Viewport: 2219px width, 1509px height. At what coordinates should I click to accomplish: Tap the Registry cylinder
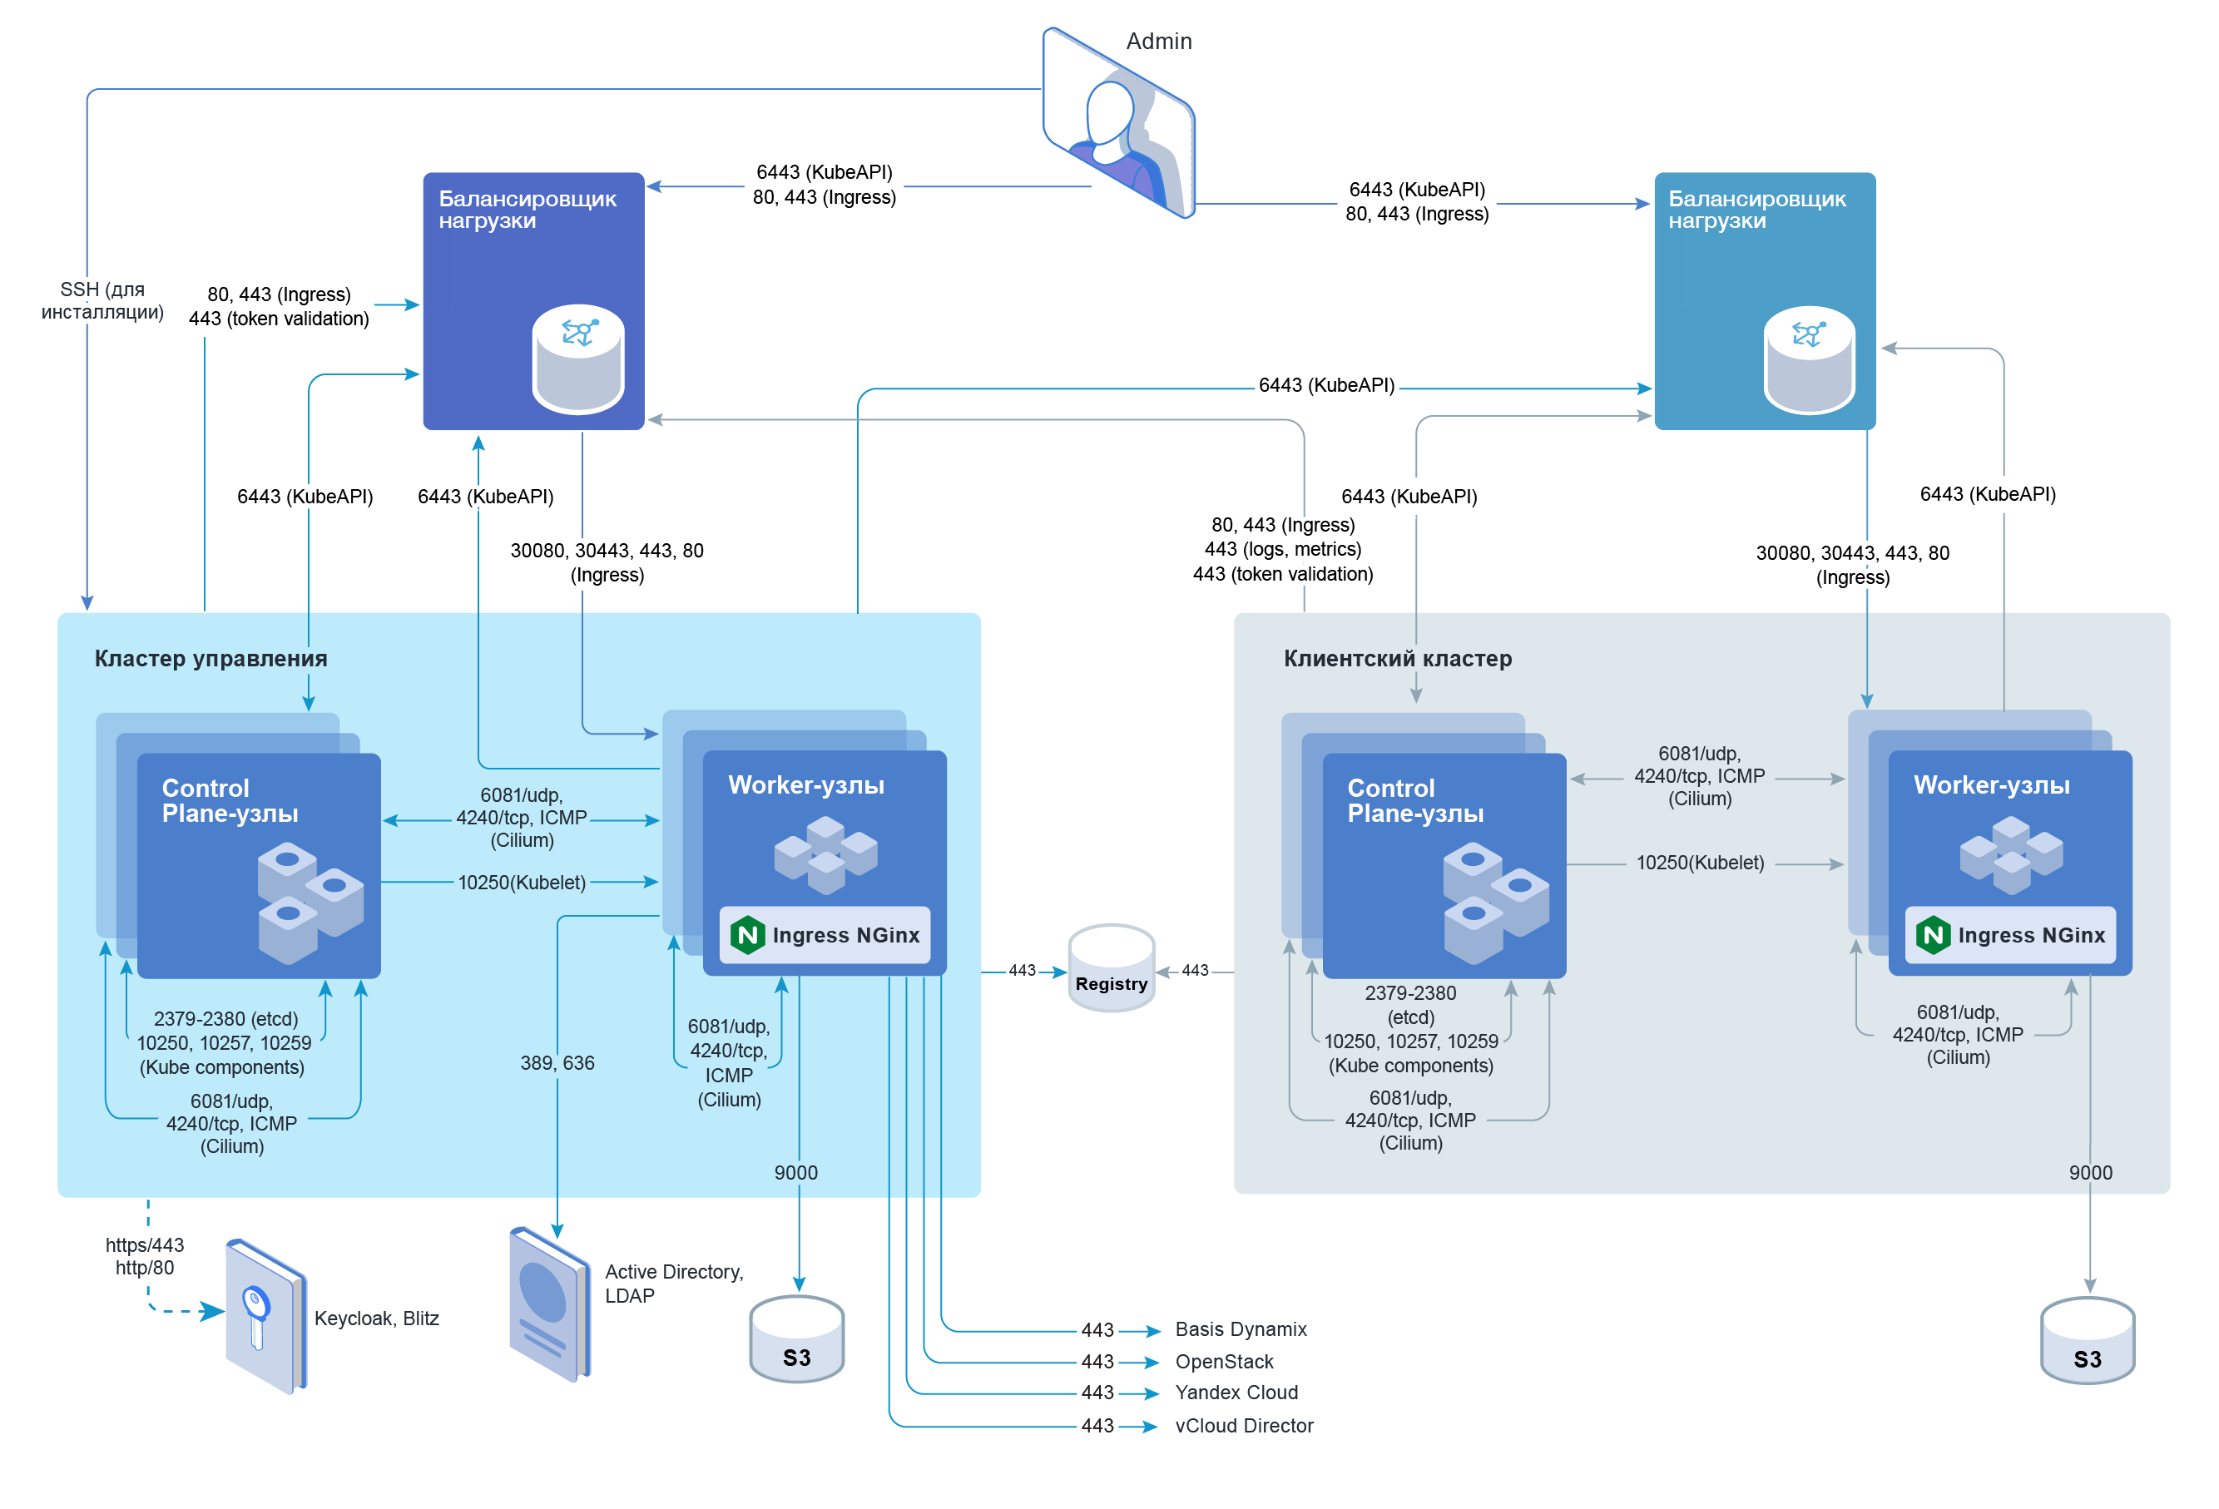[1112, 969]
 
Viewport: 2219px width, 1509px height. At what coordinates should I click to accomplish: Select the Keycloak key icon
[264, 1316]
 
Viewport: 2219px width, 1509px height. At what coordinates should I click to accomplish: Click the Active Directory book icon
[549, 1304]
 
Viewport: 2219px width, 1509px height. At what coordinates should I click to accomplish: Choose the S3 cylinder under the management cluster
[796, 1338]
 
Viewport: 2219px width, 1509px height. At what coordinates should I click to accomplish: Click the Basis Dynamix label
[1241, 1329]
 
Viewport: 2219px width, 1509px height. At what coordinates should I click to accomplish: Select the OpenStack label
[1224, 1362]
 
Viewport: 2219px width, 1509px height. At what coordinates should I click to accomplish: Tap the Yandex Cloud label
[1236, 1393]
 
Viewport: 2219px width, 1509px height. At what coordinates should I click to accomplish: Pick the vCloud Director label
[1244, 1426]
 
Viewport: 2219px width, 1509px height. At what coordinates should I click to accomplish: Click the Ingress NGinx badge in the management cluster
[825, 935]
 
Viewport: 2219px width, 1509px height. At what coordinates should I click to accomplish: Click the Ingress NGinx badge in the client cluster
[2010, 935]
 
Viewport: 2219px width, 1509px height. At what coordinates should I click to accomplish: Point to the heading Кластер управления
[211, 659]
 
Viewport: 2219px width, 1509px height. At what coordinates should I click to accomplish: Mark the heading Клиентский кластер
[1397, 659]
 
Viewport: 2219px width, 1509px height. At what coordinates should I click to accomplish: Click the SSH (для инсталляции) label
[102, 300]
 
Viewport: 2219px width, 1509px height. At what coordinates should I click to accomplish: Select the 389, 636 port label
[557, 1063]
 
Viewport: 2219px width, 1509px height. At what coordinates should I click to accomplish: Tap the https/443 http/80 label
[145, 1257]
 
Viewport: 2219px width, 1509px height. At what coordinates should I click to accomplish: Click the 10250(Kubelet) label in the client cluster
[1700, 863]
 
